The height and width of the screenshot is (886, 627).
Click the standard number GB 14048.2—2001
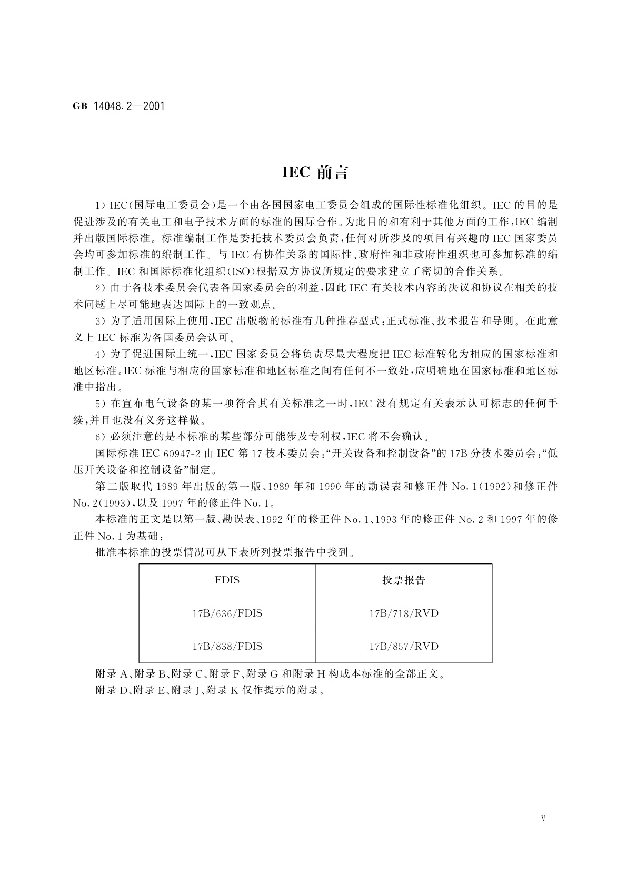click(118, 106)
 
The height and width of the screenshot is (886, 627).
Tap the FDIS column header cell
click(227, 580)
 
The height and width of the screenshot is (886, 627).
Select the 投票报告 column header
click(403, 580)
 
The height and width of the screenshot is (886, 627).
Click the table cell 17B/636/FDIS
click(227, 613)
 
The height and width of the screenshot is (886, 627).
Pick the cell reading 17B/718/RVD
click(403, 613)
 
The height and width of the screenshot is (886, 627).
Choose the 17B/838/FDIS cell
click(227, 646)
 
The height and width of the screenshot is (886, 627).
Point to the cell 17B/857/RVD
click(403, 646)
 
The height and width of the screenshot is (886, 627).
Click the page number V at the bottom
click(543, 818)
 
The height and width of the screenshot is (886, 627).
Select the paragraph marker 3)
click(99, 321)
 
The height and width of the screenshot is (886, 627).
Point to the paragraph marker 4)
click(99, 354)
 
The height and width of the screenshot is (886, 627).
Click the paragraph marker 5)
click(99, 404)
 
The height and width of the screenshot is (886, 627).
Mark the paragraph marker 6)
click(99, 437)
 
